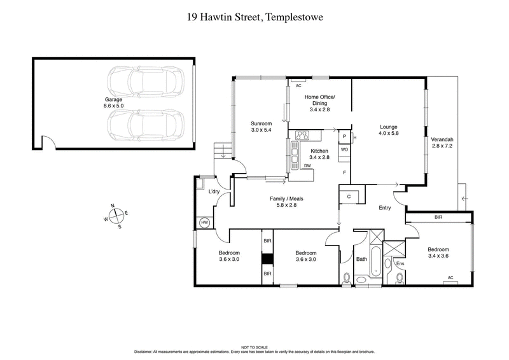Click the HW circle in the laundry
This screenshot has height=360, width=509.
click(x=205, y=223)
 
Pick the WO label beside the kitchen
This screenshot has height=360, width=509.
click(x=344, y=149)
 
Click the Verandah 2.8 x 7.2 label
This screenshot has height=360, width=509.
click(x=442, y=142)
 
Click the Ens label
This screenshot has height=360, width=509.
click(x=400, y=263)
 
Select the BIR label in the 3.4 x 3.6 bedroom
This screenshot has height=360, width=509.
click(x=438, y=217)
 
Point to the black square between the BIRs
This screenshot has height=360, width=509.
click(x=267, y=260)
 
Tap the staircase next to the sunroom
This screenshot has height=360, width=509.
click(x=223, y=151)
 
